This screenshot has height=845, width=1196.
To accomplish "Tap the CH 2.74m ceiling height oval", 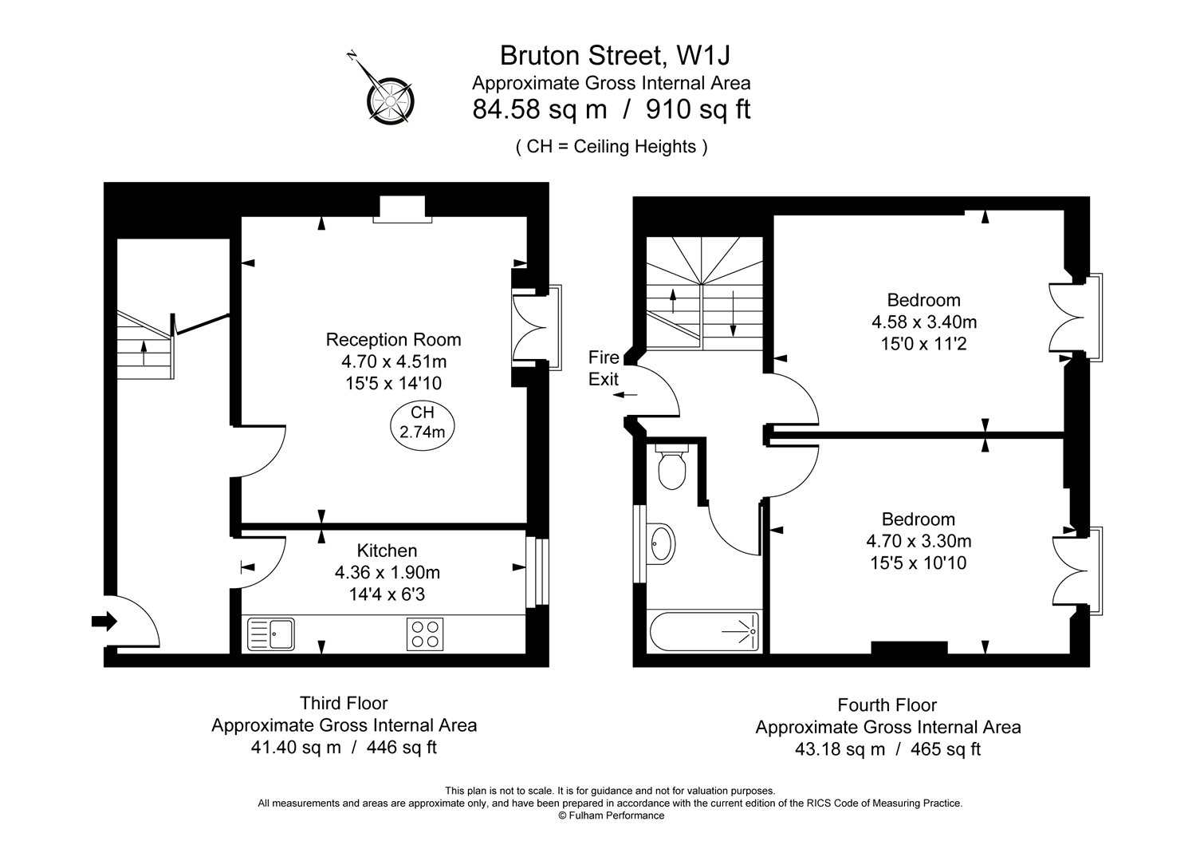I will pos(423,422).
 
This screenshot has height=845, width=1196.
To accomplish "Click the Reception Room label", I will pos(393,339).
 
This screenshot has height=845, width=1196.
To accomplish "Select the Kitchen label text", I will pos(387,551).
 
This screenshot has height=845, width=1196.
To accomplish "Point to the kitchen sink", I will pos(271,634).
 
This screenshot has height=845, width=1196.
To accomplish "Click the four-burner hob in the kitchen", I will pos(424,634).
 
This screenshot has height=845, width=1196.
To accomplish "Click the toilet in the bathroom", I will pos(671,468).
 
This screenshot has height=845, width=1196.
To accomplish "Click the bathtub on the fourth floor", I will pos(705,632).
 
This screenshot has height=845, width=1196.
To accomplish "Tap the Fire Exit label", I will pos(604,368).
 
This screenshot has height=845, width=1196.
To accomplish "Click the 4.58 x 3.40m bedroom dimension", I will pos(924,322).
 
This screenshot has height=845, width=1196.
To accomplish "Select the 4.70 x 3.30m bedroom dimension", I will pos(919,541).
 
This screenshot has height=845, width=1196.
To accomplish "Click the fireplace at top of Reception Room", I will pos(403,210).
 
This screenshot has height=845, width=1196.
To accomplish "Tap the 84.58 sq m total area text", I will pos(540,109).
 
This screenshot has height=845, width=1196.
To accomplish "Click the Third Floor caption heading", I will pos(344,703).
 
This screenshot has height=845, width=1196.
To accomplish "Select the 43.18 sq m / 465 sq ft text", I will pos(887,749).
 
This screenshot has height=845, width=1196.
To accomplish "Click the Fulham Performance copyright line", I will pos(610,815).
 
